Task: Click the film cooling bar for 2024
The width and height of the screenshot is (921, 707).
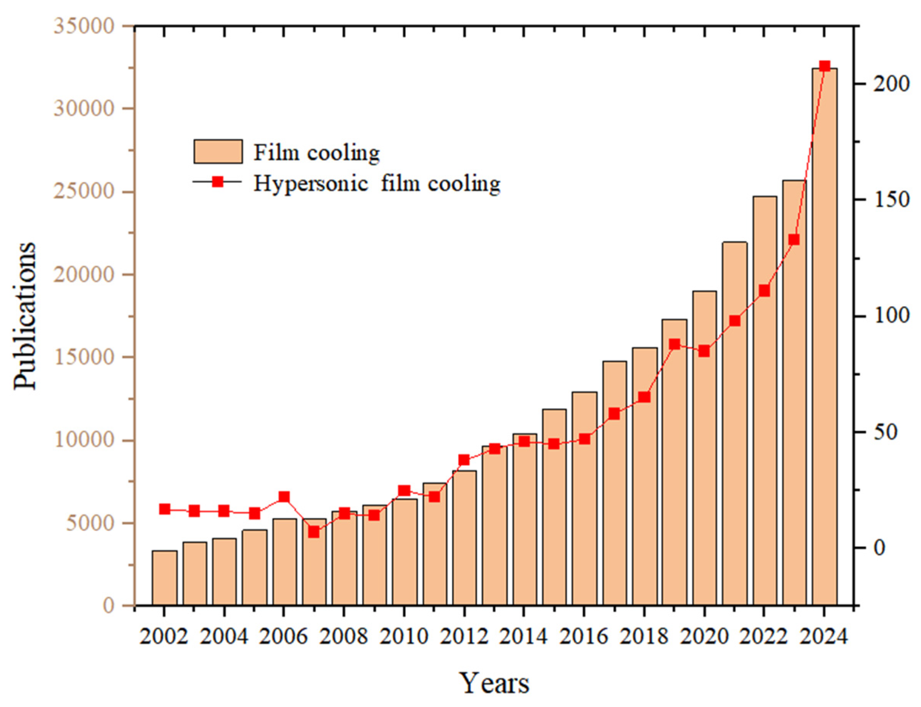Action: pos(824,336)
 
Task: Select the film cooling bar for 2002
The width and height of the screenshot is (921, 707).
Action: pos(165,578)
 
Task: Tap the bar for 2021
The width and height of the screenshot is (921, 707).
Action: pos(735,423)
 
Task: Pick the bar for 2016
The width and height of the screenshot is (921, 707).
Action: pos(584,498)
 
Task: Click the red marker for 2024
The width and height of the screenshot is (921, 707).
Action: pos(824,66)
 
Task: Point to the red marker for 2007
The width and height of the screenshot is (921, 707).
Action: pos(314,532)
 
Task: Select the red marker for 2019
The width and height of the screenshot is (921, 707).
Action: pos(674,344)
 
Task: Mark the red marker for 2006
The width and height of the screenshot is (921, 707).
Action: pos(284,497)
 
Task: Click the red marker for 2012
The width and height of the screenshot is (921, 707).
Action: pos(464,460)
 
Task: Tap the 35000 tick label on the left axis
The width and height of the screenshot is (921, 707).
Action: pos(84,26)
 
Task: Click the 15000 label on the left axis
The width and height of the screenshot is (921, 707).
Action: pos(84,357)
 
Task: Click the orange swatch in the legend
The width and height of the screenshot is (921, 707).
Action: pos(218,151)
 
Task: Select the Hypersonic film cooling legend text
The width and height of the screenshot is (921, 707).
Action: pos(377,184)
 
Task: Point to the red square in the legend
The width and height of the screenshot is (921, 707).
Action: pos(217,182)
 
